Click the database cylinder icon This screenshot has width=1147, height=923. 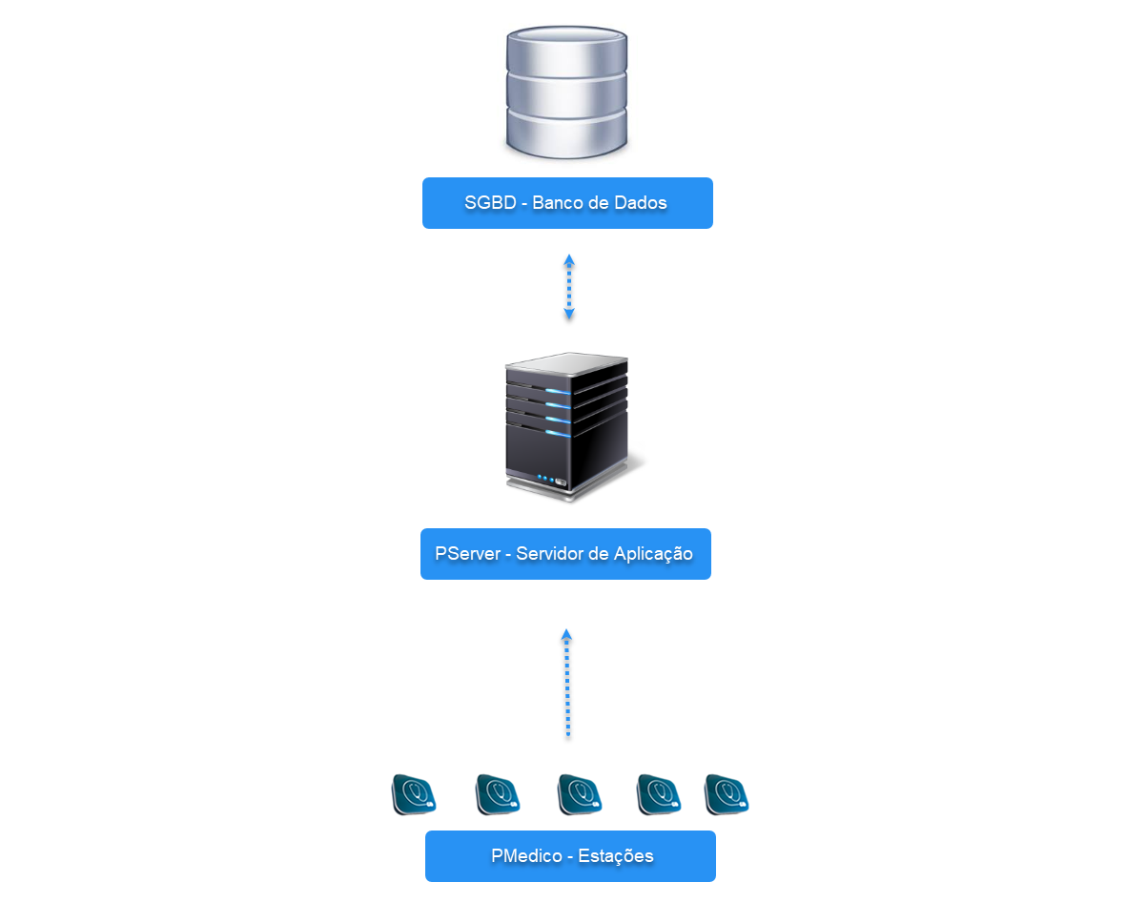click(566, 92)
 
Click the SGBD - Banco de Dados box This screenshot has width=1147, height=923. click(567, 203)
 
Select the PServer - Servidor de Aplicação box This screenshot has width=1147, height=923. click(565, 554)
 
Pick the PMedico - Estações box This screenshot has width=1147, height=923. click(570, 856)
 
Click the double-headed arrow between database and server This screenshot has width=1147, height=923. click(569, 287)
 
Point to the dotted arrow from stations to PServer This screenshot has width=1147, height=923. click(567, 683)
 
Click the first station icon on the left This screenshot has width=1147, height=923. click(414, 794)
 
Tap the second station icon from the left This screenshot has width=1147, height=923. click(498, 794)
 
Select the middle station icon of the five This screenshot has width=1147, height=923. click(580, 794)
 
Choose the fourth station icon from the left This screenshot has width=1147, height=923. click(659, 794)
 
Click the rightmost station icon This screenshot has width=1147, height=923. click(727, 794)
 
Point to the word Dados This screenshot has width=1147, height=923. click(642, 203)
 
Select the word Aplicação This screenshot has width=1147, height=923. click(654, 555)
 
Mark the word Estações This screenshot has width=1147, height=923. click(616, 856)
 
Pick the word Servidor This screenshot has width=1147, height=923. click(554, 554)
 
